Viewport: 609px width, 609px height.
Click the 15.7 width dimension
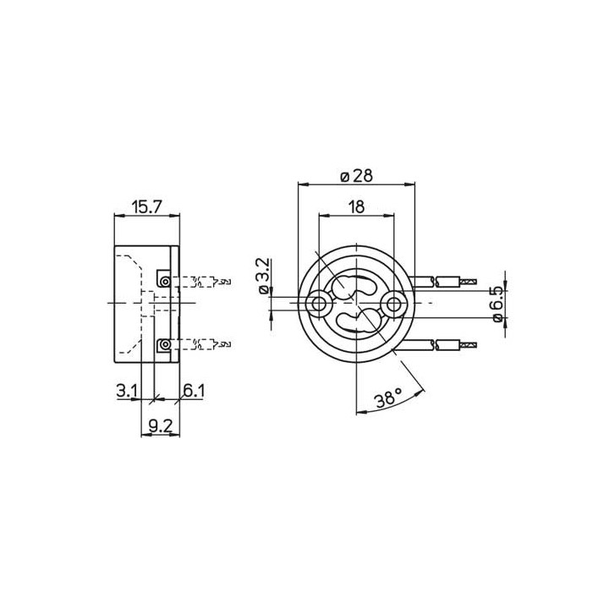tap(147, 206)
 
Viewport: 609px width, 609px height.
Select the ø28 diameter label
tap(356, 175)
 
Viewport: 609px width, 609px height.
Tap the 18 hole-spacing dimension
tap(356, 206)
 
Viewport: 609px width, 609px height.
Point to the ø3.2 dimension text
tap(262, 277)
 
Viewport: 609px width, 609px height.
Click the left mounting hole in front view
tap(319, 302)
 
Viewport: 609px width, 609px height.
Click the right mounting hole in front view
tap(393, 302)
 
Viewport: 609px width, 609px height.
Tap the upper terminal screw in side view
tap(164, 281)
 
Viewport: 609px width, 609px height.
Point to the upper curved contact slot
tap(355, 285)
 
